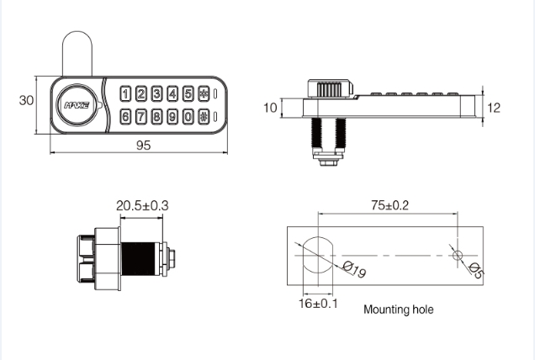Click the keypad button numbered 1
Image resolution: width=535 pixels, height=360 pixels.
[125, 94]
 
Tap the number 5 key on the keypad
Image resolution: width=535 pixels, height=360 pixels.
[187, 94]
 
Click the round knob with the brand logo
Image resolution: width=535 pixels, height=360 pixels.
[78, 105]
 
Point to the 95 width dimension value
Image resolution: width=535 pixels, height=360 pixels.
[143, 146]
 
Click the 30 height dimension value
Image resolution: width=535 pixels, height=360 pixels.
[26, 100]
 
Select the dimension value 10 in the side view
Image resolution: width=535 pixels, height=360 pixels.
[269, 108]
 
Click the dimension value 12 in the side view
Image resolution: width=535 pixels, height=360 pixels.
[494, 108]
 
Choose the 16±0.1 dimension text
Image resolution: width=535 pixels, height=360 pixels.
[318, 303]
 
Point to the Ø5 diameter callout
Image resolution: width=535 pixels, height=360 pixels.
[476, 271]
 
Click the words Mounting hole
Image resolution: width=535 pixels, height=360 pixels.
[398, 310]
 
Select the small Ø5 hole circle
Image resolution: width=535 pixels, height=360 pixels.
[457, 254]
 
